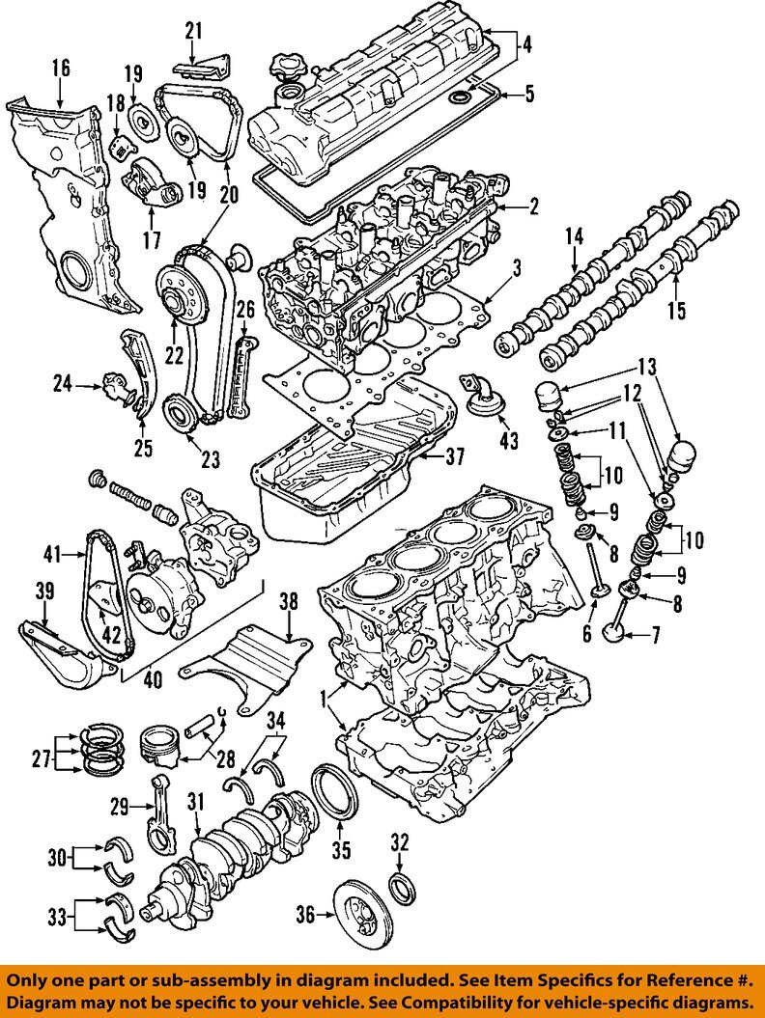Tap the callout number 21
pyautogui.click(x=194, y=31)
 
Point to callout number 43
pyautogui.click(x=508, y=441)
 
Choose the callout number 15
pyautogui.click(x=676, y=311)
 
